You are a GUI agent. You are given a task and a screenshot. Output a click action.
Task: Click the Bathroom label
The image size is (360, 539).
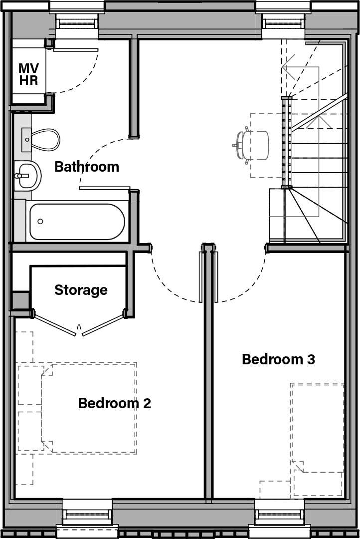87,167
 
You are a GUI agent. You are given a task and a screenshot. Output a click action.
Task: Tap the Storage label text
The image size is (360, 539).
81,290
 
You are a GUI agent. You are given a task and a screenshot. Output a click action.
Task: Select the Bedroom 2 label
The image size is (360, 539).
114,403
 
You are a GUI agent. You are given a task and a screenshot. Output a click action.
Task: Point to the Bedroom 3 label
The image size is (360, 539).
278,359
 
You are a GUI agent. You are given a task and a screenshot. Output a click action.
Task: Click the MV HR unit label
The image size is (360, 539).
28,74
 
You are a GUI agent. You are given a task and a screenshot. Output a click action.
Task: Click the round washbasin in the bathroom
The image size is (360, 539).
27,176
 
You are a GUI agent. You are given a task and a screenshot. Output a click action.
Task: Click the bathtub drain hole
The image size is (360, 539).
40,221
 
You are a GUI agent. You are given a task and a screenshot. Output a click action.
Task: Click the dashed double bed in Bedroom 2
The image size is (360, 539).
89,408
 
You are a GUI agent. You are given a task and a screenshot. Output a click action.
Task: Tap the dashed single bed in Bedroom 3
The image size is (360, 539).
318,429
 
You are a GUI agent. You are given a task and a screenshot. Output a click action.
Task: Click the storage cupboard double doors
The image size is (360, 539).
79,324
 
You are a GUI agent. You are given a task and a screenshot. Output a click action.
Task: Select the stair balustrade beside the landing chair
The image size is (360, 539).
286,142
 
